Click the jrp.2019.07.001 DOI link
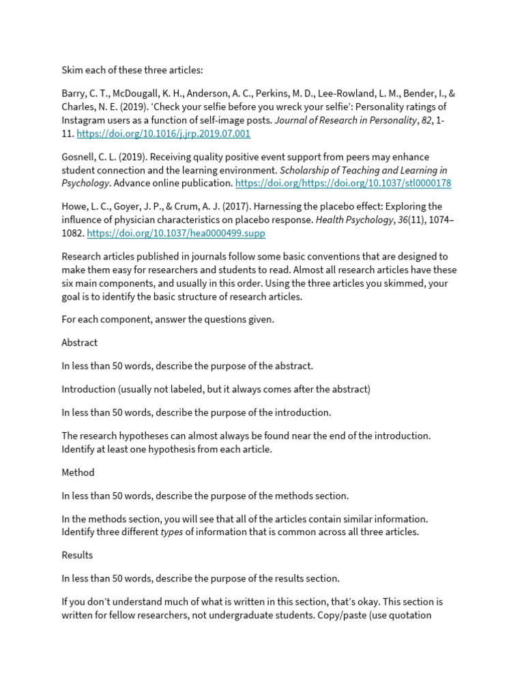coord(163,134)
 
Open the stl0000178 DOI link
coord(343,184)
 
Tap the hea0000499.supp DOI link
coord(176,233)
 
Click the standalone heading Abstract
coord(80,343)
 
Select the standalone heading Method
coord(78,472)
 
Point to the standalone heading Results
coord(77,555)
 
